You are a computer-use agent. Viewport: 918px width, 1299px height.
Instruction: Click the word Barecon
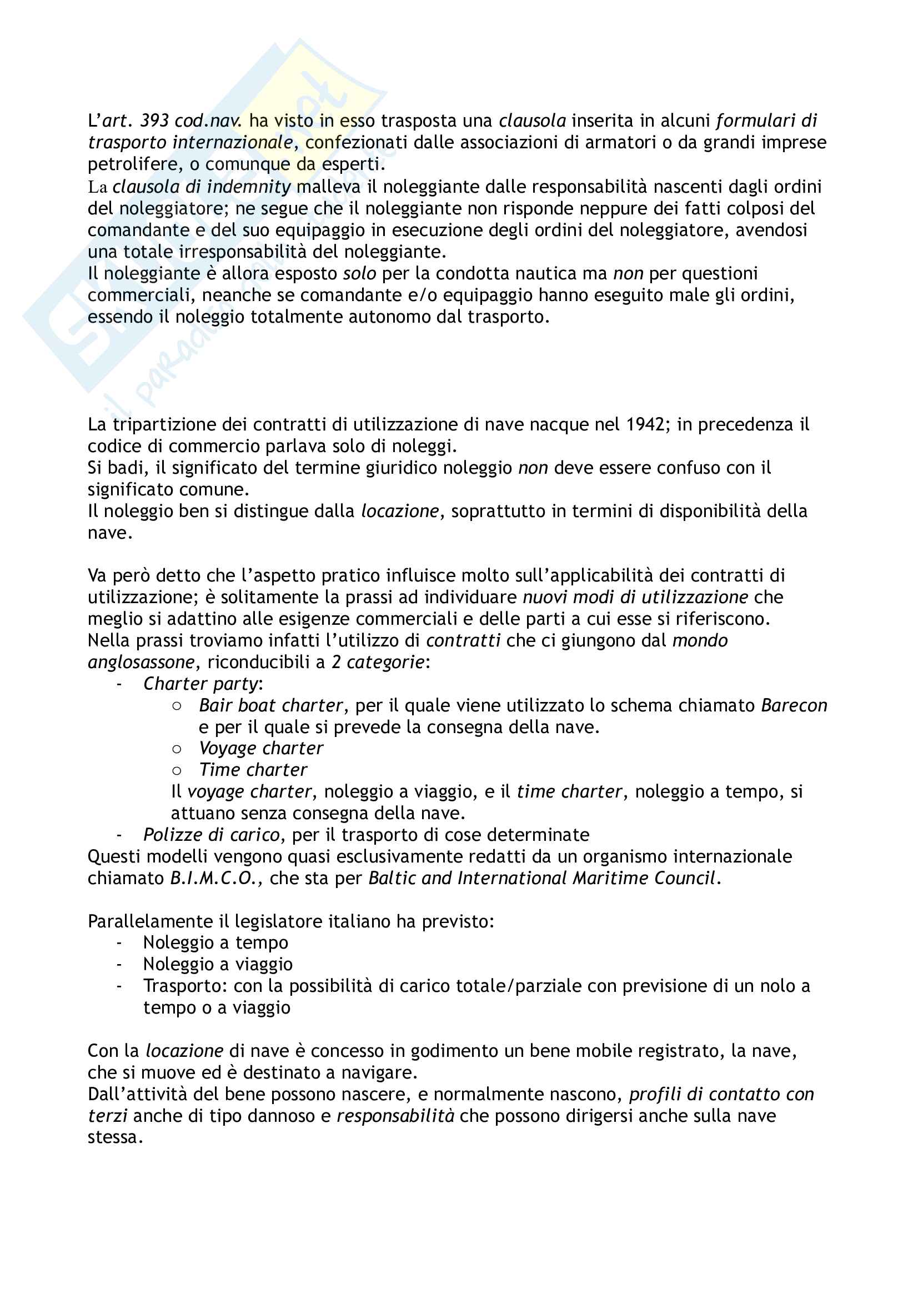794,705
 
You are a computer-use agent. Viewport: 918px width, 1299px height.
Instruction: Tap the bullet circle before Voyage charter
177,749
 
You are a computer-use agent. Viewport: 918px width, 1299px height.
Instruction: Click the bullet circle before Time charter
177,771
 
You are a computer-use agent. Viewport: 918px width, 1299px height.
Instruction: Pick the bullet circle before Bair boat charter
177,706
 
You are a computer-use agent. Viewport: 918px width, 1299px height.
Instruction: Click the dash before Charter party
119,685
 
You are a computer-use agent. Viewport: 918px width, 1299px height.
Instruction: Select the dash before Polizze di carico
119,836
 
